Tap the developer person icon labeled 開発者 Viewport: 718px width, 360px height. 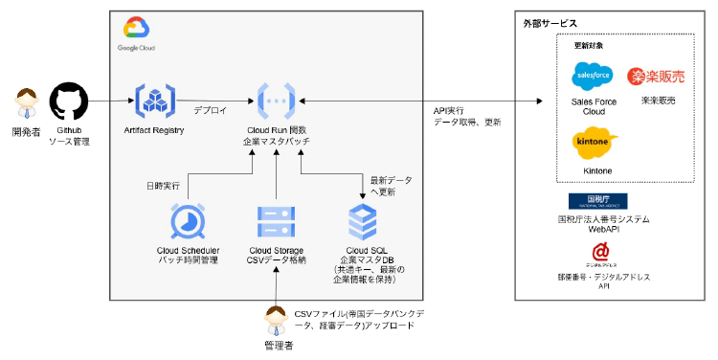click(26, 101)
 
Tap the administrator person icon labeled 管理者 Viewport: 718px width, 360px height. click(277, 319)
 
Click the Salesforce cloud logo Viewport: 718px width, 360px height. click(593, 76)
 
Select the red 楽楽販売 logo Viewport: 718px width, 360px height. click(658, 76)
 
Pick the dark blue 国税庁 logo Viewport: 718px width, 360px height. click(597, 200)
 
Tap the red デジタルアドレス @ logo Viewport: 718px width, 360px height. click(599, 252)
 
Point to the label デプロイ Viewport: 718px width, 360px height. click(210, 110)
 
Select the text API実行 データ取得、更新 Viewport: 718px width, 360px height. click(467, 117)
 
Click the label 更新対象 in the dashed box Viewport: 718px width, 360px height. click(589, 45)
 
